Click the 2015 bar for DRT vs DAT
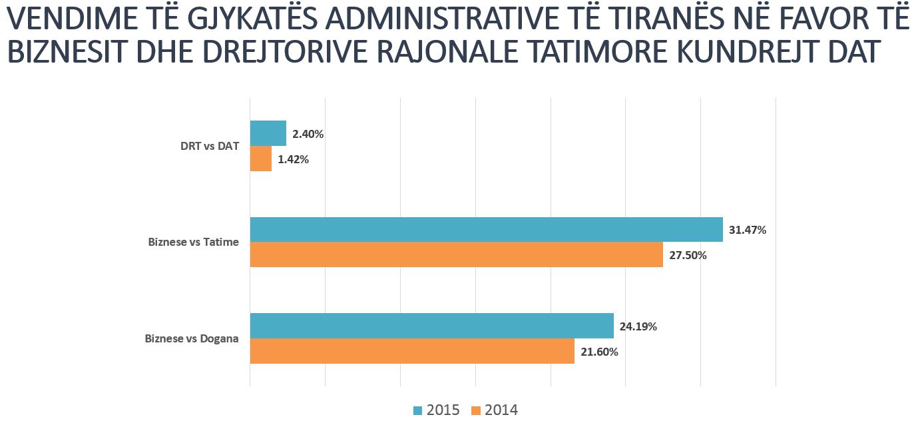pos(268,133)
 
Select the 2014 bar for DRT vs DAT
pos(261,159)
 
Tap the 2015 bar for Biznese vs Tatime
pos(486,229)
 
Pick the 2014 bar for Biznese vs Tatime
pos(456,254)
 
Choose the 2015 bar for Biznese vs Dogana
pos(431,326)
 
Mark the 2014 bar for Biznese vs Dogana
pos(412,351)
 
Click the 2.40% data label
pos(308,134)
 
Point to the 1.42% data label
pos(293,160)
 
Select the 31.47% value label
pos(748,230)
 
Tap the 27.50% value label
pos(688,255)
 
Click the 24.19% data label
pos(638,326)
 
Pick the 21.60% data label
pos(599,352)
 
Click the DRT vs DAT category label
pos(210,147)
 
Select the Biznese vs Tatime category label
pos(194,242)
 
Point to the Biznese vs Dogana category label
pos(192,339)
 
